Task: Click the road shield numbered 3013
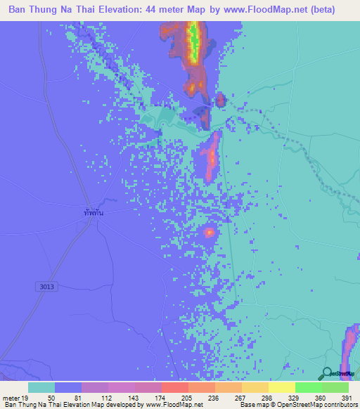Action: [x=46, y=287]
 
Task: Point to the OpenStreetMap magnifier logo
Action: [x=328, y=374]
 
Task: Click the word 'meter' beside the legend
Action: [x=11, y=397]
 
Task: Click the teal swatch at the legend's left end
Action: [x=41, y=387]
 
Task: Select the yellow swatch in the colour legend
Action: [x=281, y=387]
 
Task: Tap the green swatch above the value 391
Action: [x=335, y=387]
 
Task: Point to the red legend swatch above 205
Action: [x=174, y=387]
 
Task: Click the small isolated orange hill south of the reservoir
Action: [x=210, y=232]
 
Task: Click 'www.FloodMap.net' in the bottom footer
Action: [x=174, y=405]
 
